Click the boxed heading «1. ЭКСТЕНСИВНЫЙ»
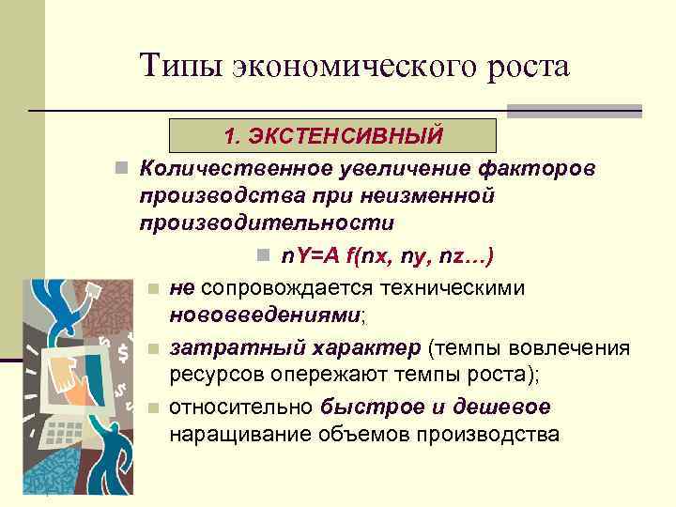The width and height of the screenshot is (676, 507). point(332,136)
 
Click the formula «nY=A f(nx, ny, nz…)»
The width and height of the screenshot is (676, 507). point(387,255)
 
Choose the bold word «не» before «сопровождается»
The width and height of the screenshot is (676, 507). point(181,286)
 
